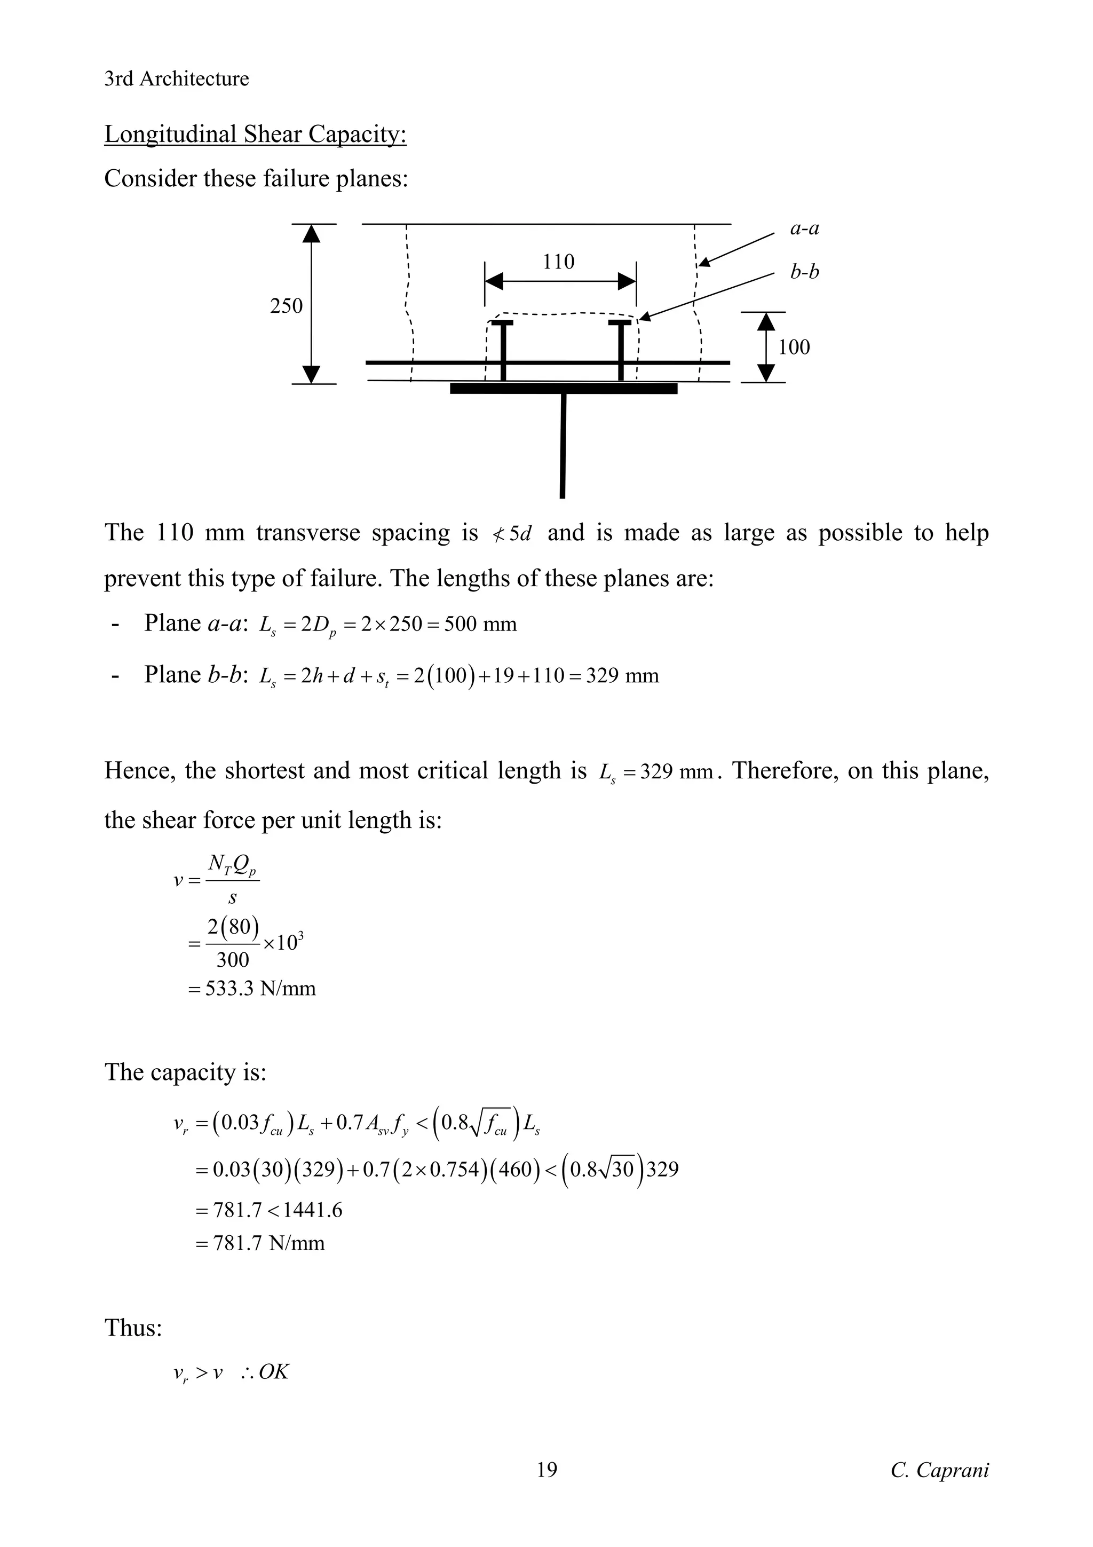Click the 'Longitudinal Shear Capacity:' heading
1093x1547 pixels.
[x=255, y=134]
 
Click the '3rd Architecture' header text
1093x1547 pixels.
[x=177, y=79]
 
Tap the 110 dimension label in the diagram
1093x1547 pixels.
[x=558, y=262]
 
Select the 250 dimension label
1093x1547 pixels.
[x=286, y=306]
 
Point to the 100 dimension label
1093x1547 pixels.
[x=794, y=347]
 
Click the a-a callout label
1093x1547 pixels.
[x=805, y=228]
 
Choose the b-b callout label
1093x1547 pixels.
[x=805, y=272]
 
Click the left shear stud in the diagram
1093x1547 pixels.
[x=503, y=350]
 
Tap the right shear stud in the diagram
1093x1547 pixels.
[x=620, y=350]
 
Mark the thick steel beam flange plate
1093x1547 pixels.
[x=564, y=388]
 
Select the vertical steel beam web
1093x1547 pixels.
[x=563, y=445]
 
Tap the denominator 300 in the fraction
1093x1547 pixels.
[x=232, y=959]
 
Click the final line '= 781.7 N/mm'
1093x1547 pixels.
[x=260, y=1242]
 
